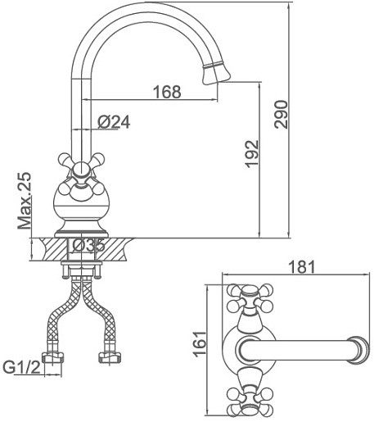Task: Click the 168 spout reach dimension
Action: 167,92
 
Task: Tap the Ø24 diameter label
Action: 114,122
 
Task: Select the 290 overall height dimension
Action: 281,115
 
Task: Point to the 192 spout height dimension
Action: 251,154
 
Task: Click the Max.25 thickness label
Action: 24,201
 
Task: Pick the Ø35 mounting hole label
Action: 88,246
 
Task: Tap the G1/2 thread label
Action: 21,367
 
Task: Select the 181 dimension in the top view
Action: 302,267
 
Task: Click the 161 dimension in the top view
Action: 200,344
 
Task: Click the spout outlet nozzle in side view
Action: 216,74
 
